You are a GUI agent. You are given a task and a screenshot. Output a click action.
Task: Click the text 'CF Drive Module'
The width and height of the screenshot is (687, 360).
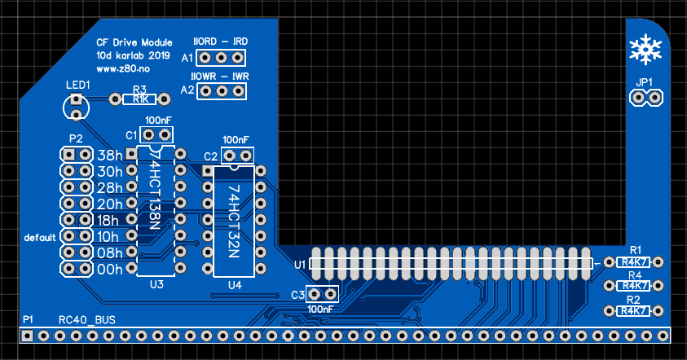pos(134,42)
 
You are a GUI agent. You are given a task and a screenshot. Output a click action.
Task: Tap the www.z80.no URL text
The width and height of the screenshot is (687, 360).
pos(117,70)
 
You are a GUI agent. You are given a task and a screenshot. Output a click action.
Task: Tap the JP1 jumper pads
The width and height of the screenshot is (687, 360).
pos(645,98)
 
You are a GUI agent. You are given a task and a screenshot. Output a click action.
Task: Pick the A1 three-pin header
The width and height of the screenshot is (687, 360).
pos(220,58)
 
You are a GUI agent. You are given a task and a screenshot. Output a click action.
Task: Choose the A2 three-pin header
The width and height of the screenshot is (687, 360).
pos(220,90)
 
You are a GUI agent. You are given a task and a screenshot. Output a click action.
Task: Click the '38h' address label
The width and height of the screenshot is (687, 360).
pos(110,155)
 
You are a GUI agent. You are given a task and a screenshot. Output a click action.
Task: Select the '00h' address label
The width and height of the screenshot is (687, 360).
pos(110,269)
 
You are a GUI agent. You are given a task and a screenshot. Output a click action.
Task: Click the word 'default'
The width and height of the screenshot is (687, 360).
pos(40,237)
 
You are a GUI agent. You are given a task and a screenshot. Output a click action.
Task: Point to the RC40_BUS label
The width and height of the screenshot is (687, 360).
pos(87,320)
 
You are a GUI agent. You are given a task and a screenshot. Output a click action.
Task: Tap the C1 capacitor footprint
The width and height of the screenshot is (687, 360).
pos(157,134)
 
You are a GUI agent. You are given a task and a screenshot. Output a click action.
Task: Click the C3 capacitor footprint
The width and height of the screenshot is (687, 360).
pos(323,294)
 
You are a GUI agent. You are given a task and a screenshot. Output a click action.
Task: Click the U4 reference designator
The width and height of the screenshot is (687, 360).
pos(235,284)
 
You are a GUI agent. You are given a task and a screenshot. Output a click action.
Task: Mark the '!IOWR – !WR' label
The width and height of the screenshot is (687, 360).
pos(220,76)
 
